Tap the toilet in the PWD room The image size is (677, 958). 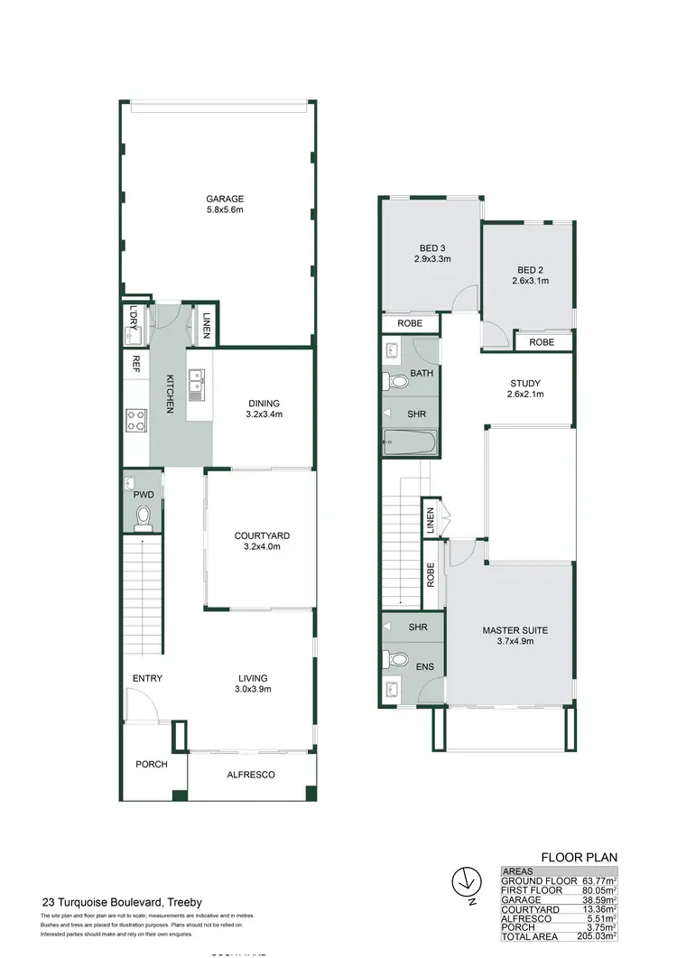(143, 516)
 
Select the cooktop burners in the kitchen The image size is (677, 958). (135, 419)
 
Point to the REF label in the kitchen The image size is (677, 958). (135, 363)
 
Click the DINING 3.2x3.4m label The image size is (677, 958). (264, 409)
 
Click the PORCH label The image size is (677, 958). (152, 764)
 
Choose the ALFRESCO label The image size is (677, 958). (252, 775)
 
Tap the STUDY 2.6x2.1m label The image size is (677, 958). (524, 388)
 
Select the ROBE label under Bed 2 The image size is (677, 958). (542, 342)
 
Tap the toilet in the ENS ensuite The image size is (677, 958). (394, 660)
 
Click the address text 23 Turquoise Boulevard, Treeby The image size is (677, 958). (122, 902)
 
